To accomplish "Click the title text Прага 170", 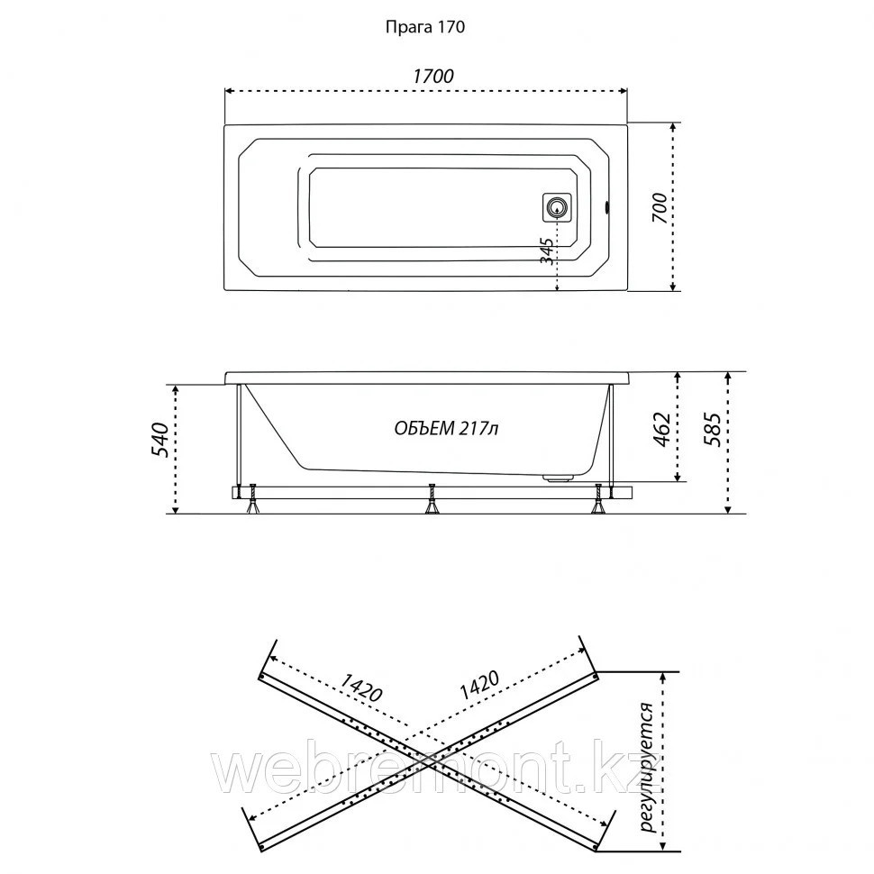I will (x=424, y=27).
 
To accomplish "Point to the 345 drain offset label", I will (x=546, y=248).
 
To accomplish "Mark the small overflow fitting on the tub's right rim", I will (x=608, y=207).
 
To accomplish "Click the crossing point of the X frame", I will (x=431, y=760).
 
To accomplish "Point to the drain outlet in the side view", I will (x=562, y=477).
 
